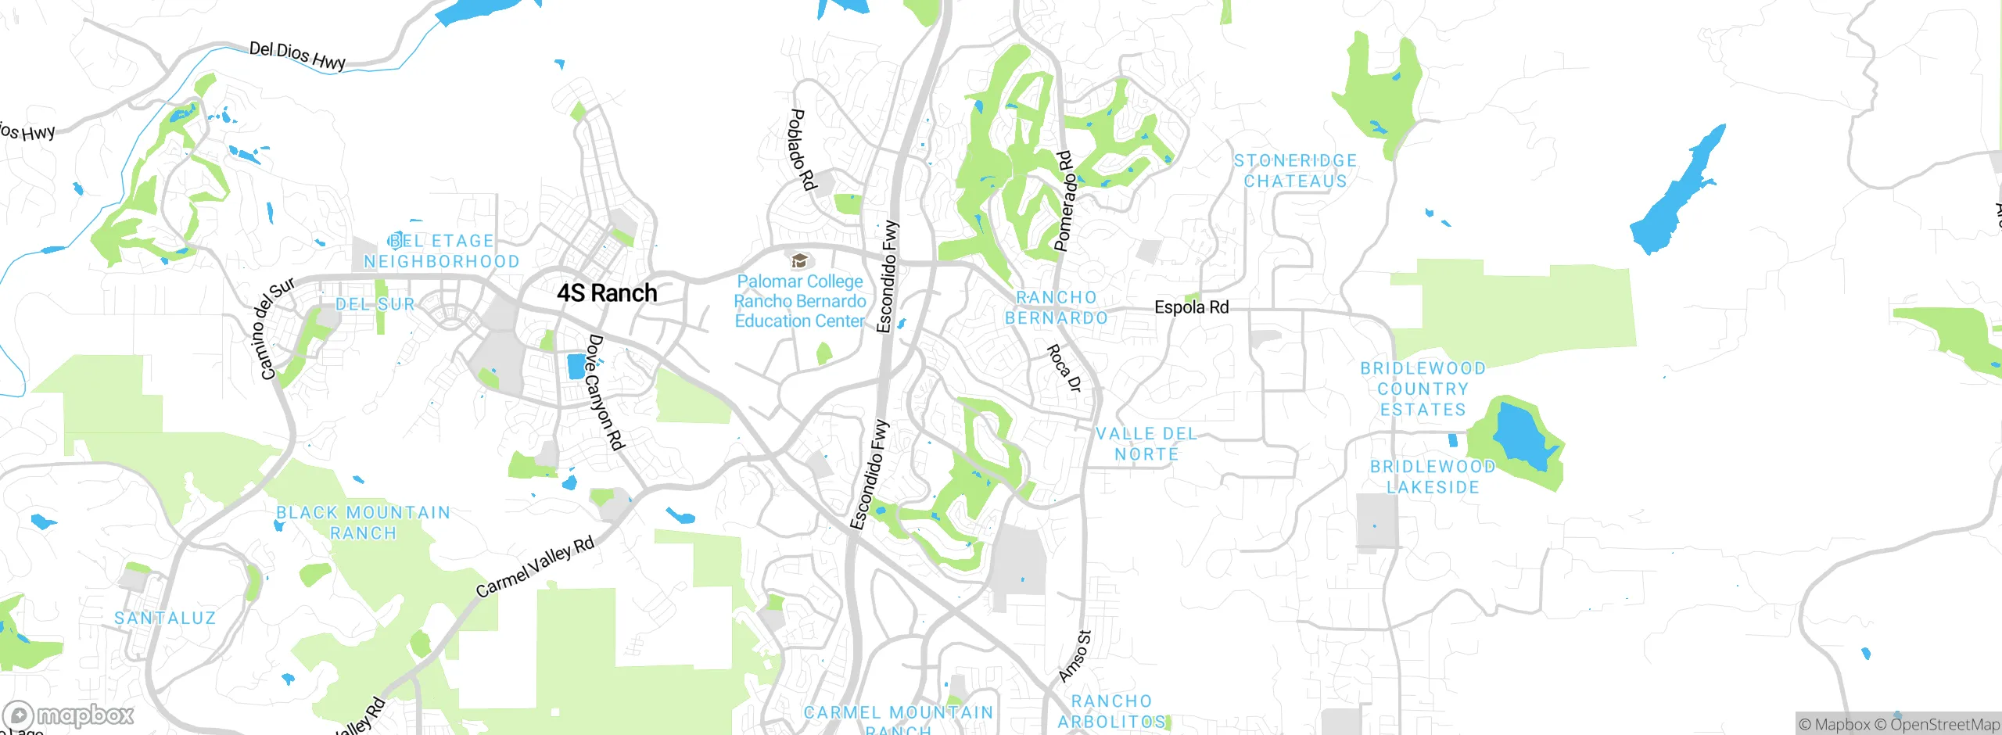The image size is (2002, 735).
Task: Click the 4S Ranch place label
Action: coord(607,293)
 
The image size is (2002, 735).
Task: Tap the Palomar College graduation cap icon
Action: coord(799,260)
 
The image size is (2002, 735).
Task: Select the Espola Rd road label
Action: coord(1191,307)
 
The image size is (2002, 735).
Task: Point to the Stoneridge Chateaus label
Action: coord(1295,171)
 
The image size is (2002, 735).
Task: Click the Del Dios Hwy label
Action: coord(297,56)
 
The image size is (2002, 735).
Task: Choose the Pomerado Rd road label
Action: coord(1065,201)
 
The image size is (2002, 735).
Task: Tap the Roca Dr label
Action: coord(1064,367)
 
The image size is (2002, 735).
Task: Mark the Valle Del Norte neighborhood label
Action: coord(1146,444)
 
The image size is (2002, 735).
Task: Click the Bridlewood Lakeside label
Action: coord(1433,477)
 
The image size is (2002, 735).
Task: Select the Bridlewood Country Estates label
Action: coord(1423,389)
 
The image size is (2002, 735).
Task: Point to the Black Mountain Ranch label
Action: coord(364,523)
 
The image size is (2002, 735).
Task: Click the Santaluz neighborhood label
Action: coord(165,618)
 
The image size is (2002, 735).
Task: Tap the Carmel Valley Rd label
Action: coord(535,567)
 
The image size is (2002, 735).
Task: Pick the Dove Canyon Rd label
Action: coord(606,393)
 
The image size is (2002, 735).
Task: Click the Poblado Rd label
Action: coord(802,149)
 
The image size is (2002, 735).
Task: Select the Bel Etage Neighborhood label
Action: coord(442,252)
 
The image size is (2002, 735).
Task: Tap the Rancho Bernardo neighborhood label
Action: coord(1057,308)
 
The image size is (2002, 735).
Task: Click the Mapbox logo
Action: coord(69,715)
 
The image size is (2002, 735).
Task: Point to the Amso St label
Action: coord(1075,656)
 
